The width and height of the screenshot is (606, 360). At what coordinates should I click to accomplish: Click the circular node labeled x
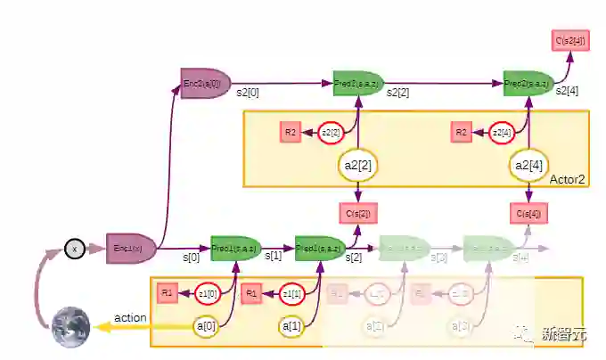pos(75,250)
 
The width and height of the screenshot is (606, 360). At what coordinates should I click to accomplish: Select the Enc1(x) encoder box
pos(130,249)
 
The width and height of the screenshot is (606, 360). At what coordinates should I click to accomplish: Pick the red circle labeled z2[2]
pos(332,133)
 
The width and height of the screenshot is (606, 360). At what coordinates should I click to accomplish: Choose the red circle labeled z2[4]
pos(502,133)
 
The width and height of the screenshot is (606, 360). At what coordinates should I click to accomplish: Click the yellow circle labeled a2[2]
pos(357,164)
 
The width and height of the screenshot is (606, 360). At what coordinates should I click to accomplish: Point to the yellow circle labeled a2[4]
pos(528,164)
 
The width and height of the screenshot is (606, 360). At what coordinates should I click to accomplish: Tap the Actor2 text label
pos(567,179)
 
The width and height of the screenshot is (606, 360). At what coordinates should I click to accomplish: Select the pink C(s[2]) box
pos(357,214)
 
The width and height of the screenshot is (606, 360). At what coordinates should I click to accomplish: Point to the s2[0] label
pos(248,93)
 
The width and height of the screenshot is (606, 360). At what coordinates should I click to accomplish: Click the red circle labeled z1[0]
pos(207,293)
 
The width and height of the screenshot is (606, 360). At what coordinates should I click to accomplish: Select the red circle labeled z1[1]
pos(291,293)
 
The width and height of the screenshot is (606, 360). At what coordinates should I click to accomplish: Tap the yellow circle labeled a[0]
pos(207,326)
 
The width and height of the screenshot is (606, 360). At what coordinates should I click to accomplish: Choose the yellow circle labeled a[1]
pos(291,326)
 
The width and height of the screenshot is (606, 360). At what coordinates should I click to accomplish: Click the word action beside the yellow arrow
pos(130,317)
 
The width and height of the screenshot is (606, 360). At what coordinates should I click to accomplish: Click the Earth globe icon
pos(71,326)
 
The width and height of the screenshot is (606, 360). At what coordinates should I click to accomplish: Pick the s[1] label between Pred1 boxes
pos(274,256)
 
